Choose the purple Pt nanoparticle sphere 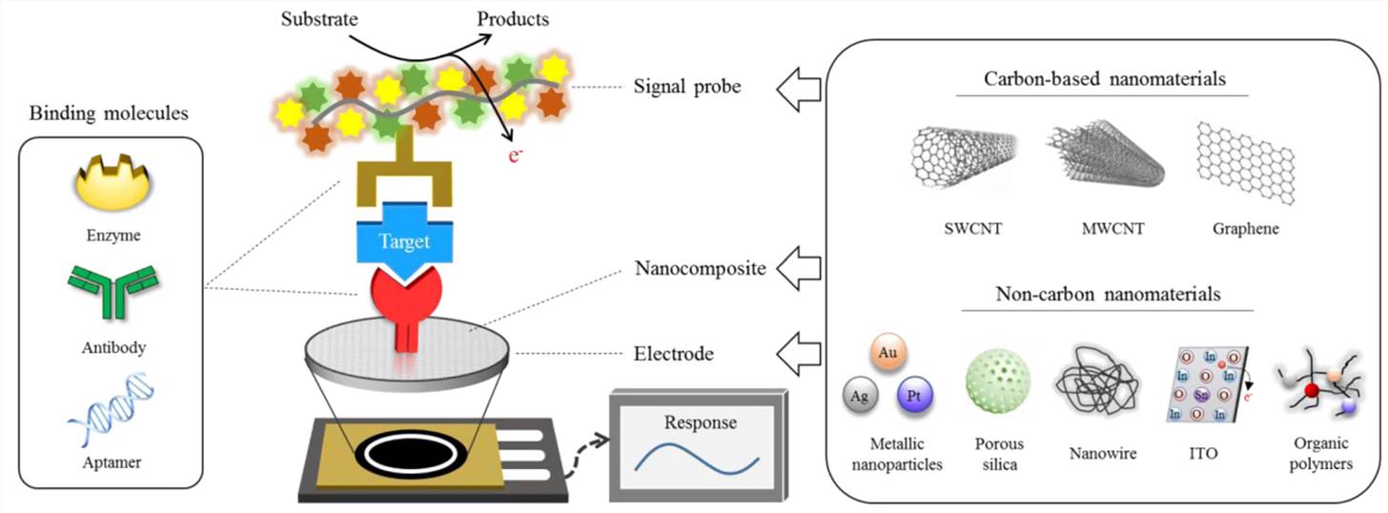pyautogui.click(x=913, y=394)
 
